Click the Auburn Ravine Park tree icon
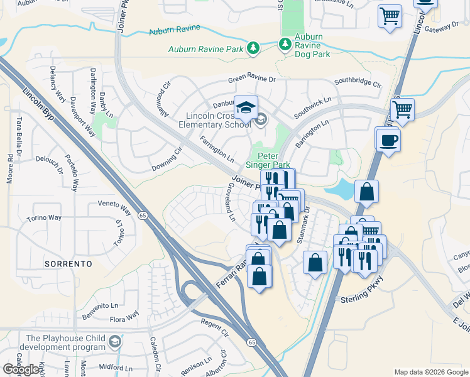pyautogui.click(x=253, y=48)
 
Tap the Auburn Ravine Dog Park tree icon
pyautogui.click(x=285, y=43)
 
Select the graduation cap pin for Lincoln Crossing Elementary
pyautogui.click(x=246, y=107)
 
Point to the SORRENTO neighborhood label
pyautogui.click(x=69, y=264)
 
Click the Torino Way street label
pyautogui.click(x=44, y=218)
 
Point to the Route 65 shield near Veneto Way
pyautogui.click(x=143, y=215)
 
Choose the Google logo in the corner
pyautogui.click(x=21, y=369)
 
